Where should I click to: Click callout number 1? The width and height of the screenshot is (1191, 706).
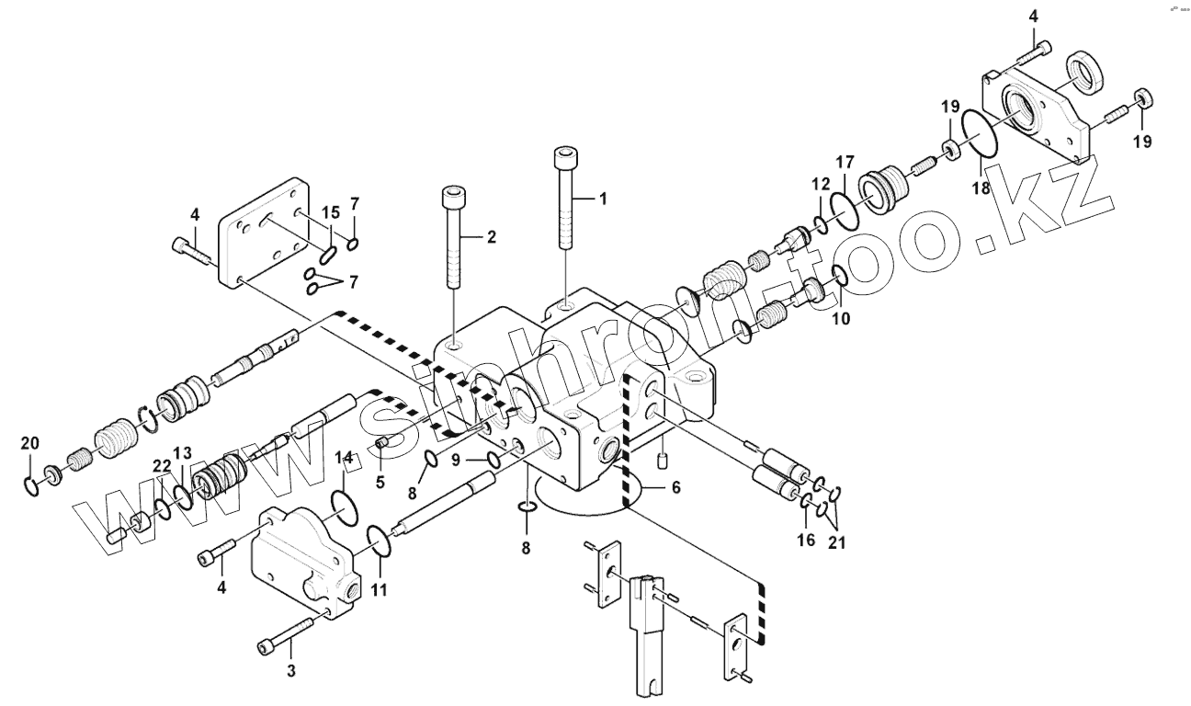[x=603, y=198]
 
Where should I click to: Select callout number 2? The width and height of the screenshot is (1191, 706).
[x=491, y=237]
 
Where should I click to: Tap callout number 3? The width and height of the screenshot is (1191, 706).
[x=291, y=670]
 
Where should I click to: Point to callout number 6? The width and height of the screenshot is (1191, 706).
[x=675, y=487]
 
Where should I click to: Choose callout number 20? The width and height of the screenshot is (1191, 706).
[x=30, y=443]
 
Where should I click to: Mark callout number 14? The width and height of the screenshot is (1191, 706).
[x=344, y=458]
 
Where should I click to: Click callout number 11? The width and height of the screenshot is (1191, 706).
[x=380, y=588]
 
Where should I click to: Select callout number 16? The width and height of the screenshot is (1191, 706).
[x=805, y=540]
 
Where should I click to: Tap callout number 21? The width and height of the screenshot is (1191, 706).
[x=835, y=542]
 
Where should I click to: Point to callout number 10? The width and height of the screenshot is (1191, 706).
[x=841, y=319]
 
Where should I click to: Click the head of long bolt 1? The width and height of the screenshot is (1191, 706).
[x=564, y=157]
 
